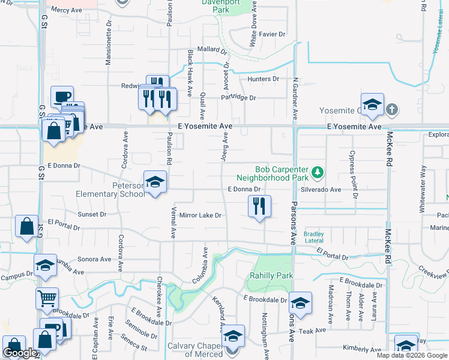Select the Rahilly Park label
pos(271,275)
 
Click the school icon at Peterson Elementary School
pos(155,182)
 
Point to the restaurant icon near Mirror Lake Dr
pos(259,206)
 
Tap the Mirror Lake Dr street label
pos(200,215)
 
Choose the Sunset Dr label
pos(92,214)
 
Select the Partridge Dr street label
pos(238,97)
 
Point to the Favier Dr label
pos(273,34)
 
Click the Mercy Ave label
pos(66,10)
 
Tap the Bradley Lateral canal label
pos(314,237)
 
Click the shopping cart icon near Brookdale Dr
pos(47,296)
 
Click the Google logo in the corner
pos(20,353)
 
